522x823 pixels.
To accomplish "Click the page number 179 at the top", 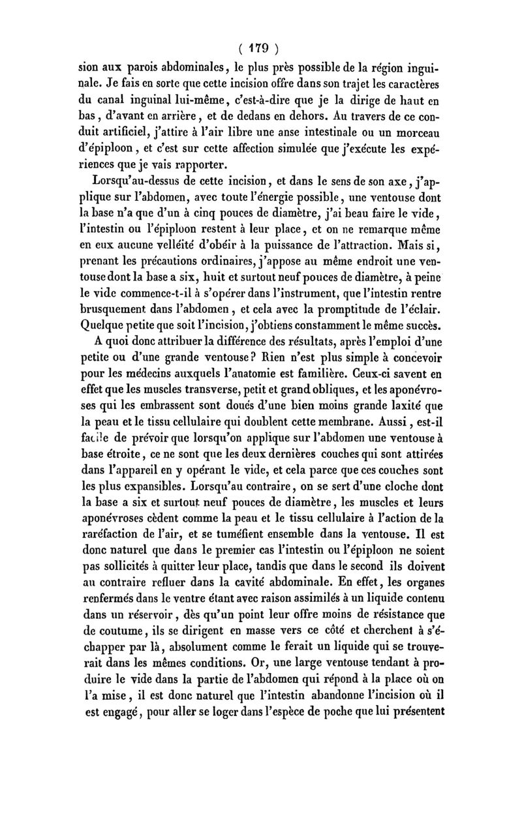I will point(260,48).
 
